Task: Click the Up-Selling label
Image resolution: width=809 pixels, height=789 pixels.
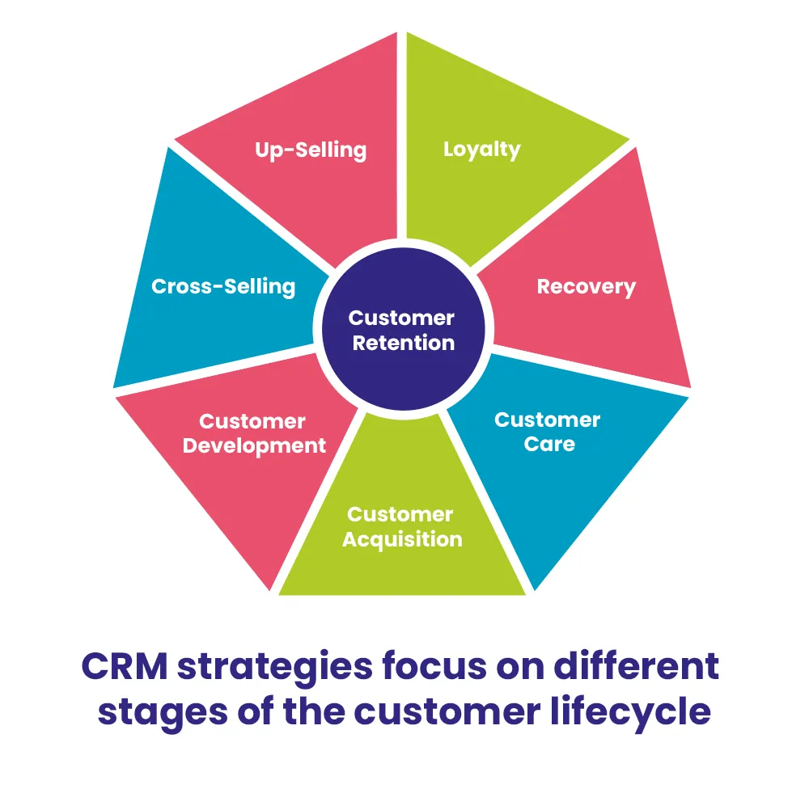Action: tap(311, 150)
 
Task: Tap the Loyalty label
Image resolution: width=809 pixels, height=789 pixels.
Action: tap(482, 150)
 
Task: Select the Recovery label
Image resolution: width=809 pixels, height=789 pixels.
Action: tap(587, 287)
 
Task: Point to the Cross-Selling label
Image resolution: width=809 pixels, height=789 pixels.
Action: tap(223, 287)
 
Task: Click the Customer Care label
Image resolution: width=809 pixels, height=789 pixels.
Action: tap(548, 432)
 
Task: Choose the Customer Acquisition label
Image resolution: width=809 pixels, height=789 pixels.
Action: tap(402, 527)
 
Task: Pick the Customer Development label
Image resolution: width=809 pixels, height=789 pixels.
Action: tap(254, 434)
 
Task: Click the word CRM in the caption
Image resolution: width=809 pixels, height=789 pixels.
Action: tap(125, 668)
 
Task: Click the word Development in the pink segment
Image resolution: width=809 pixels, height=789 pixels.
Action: tap(254, 445)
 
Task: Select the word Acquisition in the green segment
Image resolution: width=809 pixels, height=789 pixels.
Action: tap(402, 539)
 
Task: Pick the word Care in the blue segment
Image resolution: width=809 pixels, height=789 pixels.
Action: tap(549, 444)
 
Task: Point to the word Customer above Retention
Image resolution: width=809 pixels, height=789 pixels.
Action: tap(402, 318)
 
